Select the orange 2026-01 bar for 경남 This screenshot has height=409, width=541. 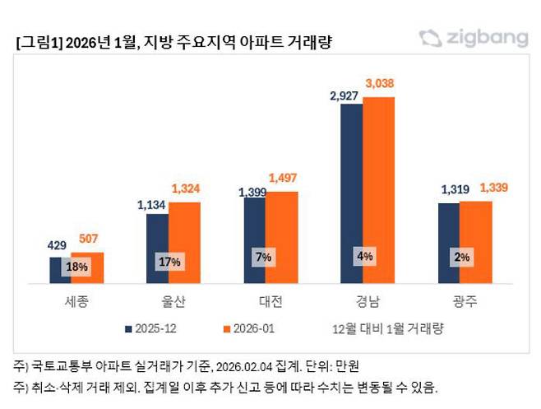379,189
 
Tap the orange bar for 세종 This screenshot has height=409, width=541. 89,267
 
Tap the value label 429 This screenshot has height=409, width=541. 58,245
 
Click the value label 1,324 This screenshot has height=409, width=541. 187,189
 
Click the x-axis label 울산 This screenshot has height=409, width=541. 173,301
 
